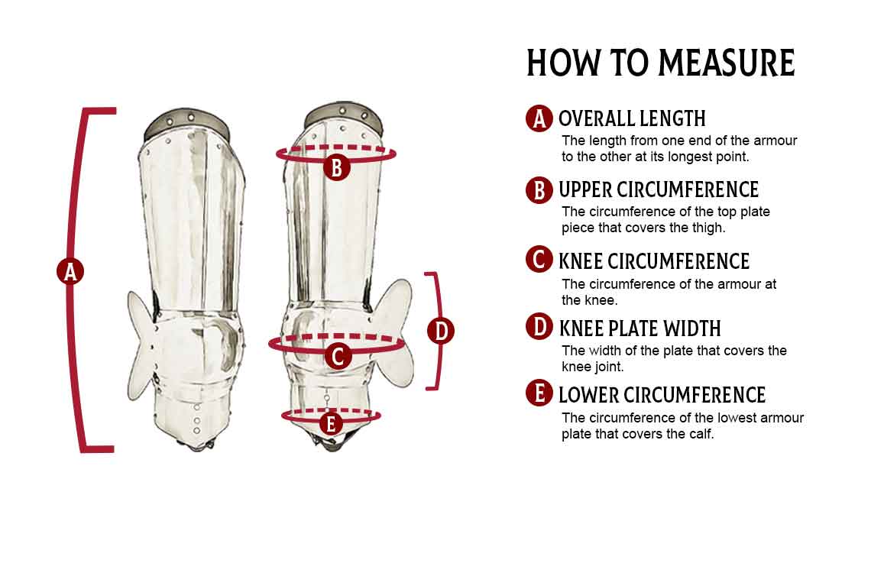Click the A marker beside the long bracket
pyautogui.click(x=70, y=272)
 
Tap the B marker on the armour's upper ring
pyautogui.click(x=336, y=167)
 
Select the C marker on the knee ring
pyautogui.click(x=338, y=356)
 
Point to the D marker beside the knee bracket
pyautogui.click(x=441, y=331)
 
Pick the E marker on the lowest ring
pyautogui.click(x=331, y=424)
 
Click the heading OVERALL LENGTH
pyautogui.click(x=632, y=118)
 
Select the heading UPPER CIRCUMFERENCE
pyautogui.click(x=659, y=189)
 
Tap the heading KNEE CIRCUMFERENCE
pyautogui.click(x=654, y=261)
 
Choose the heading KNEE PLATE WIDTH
pyautogui.click(x=640, y=328)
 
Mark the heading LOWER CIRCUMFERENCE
pyautogui.click(x=662, y=395)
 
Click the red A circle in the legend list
pyautogui.click(x=539, y=118)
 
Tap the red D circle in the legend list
pyautogui.click(x=539, y=327)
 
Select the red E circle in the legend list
pyautogui.click(x=539, y=393)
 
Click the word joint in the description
pyautogui.click(x=607, y=367)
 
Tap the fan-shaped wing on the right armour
pyautogui.click(x=392, y=332)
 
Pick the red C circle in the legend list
pyautogui.click(x=539, y=260)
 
